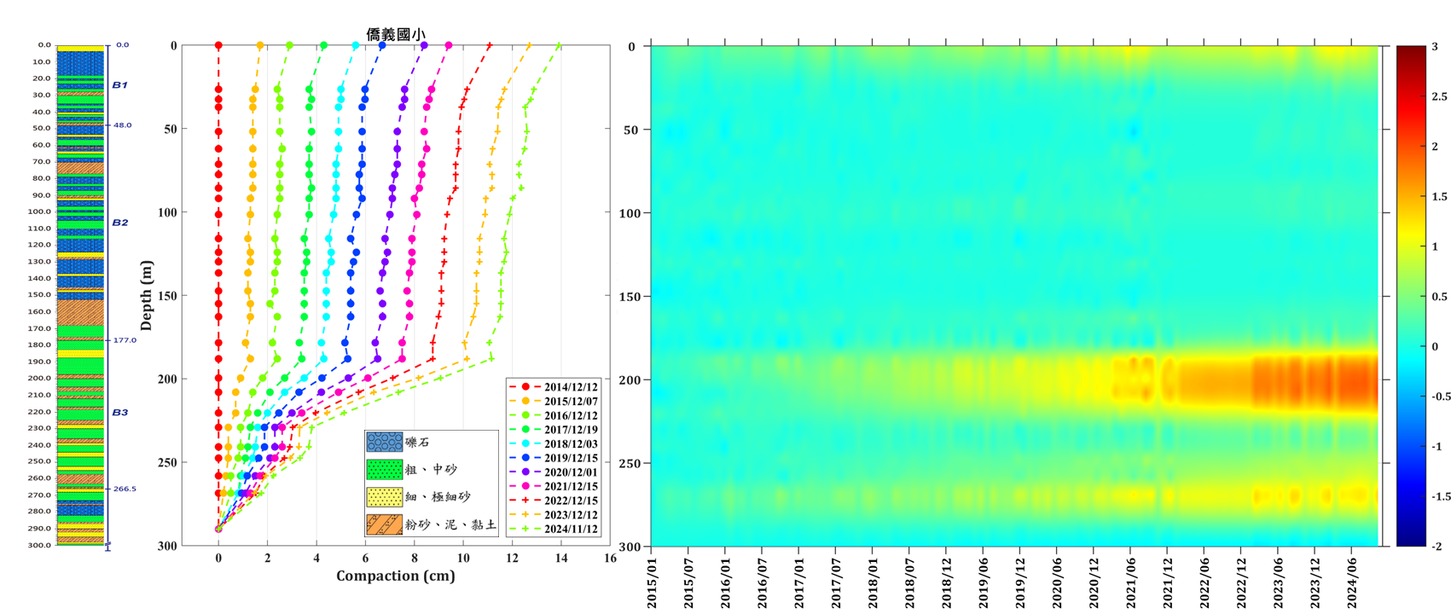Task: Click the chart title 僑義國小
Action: (x=396, y=34)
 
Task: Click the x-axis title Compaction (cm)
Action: (x=396, y=576)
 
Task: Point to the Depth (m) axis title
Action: (x=147, y=296)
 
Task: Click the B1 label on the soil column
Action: (x=119, y=85)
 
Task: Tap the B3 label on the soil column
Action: (x=119, y=413)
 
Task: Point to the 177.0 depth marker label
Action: (x=125, y=340)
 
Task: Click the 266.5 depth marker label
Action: (x=125, y=489)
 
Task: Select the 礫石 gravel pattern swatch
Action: (x=384, y=442)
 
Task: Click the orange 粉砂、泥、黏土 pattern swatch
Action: (x=384, y=524)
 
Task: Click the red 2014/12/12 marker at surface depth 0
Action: (x=218, y=46)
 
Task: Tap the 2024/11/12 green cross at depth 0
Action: (x=559, y=46)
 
